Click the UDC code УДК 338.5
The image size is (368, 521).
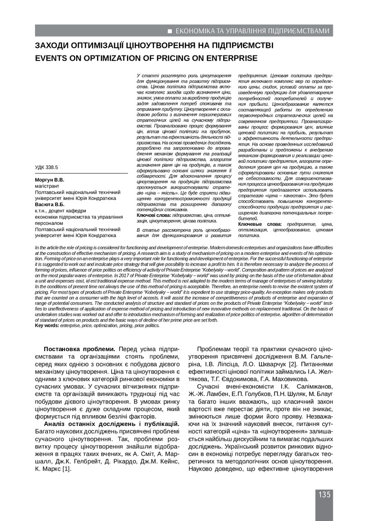(46, 167)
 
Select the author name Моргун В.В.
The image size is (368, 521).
(49, 180)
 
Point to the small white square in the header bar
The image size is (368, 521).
(169, 32)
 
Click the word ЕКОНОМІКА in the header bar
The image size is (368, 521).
(193, 32)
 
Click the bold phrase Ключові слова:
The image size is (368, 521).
(155, 216)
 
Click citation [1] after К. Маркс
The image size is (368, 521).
(66, 468)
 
